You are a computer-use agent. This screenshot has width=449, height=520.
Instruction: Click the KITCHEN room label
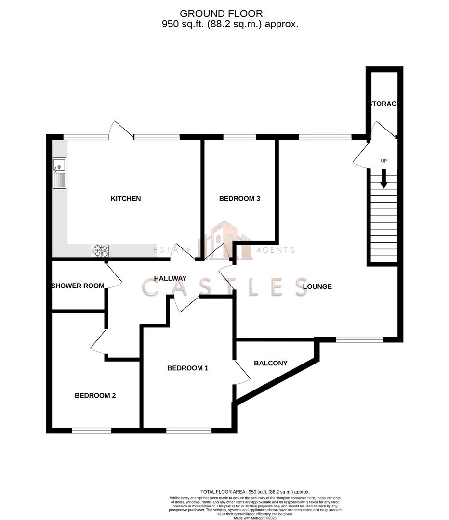click(x=126, y=198)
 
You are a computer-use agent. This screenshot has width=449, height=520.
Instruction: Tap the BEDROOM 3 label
click(x=239, y=198)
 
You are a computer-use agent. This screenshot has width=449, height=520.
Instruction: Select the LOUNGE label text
click(x=317, y=286)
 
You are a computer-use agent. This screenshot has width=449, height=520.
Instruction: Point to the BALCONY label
click(x=271, y=363)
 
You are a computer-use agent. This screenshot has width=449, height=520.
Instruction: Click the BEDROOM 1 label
click(x=188, y=368)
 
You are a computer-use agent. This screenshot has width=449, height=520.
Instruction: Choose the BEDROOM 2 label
click(x=95, y=396)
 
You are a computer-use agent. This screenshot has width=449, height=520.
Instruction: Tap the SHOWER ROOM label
click(x=78, y=286)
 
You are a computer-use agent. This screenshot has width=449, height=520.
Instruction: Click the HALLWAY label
click(x=170, y=278)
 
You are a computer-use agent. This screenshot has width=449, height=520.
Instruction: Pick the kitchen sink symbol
click(x=60, y=173)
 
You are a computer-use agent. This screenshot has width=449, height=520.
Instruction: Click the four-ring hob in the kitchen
click(x=100, y=251)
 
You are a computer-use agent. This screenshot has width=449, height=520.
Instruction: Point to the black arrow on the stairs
click(x=384, y=180)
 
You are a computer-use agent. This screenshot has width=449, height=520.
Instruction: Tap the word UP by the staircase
click(x=384, y=161)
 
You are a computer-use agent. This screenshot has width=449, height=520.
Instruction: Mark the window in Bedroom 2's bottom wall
click(x=92, y=430)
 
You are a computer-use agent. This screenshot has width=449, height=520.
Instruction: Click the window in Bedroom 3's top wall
click(x=239, y=137)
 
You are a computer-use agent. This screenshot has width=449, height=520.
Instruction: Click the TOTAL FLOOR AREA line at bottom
click(x=255, y=492)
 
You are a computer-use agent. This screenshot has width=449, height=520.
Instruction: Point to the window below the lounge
click(x=360, y=339)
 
